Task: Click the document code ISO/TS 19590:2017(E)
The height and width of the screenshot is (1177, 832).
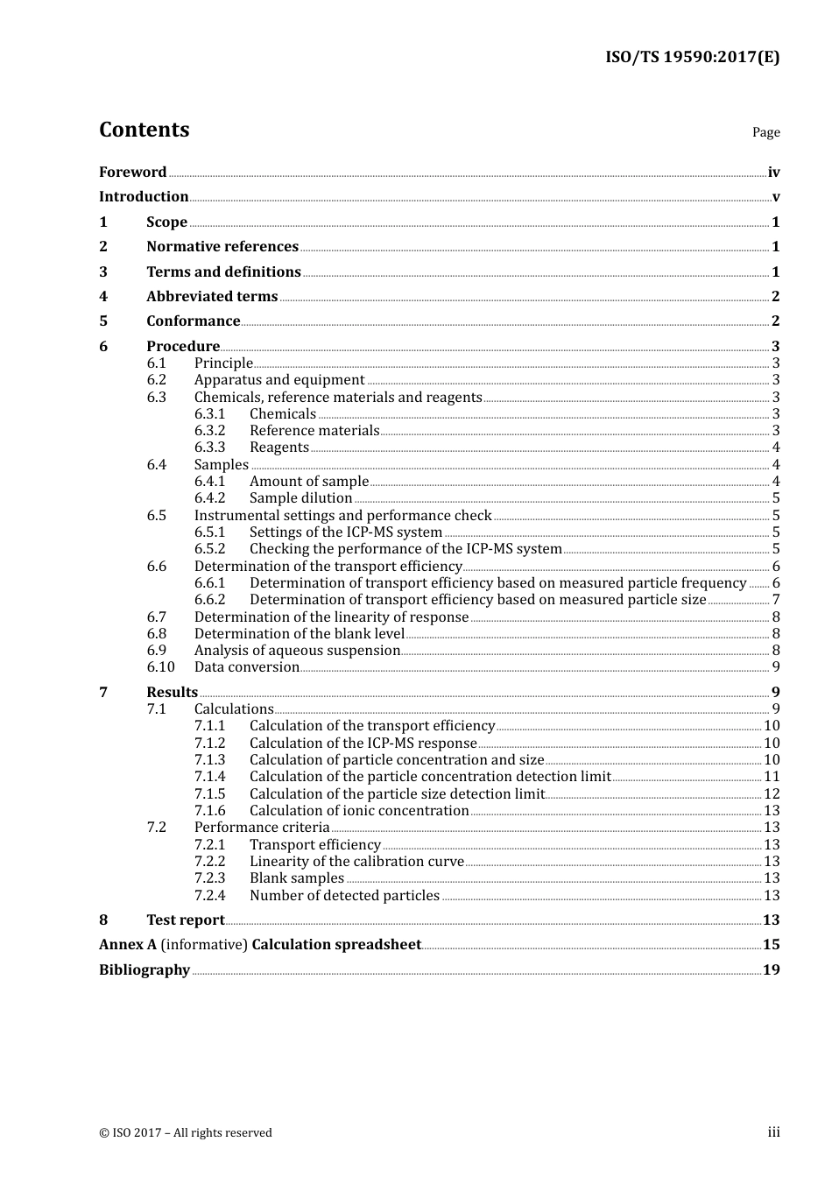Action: click(692, 57)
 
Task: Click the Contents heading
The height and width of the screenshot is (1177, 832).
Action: click(144, 130)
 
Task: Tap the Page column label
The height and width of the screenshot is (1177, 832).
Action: click(765, 132)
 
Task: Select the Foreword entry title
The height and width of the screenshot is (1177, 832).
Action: click(132, 172)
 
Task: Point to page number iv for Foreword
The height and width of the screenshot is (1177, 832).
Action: click(773, 173)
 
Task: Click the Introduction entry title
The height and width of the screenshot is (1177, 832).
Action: click(144, 196)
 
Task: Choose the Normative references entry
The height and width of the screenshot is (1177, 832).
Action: click(222, 246)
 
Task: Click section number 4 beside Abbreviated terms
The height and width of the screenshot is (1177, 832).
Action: click(103, 296)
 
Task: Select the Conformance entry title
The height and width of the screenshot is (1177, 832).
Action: click(193, 321)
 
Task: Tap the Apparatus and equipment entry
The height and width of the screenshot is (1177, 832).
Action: click(279, 379)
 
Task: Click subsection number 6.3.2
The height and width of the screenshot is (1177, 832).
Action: click(209, 430)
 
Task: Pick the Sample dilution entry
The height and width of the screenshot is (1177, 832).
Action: click(300, 497)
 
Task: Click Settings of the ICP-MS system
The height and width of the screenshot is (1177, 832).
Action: click(345, 532)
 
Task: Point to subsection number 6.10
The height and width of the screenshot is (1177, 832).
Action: click(160, 666)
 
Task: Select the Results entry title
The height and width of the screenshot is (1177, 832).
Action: click(172, 692)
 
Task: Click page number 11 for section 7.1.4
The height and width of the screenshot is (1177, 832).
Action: click(772, 776)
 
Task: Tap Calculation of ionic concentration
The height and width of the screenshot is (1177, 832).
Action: click(359, 810)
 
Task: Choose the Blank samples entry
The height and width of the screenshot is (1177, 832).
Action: click(297, 877)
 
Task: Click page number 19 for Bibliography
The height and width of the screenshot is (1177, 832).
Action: click(771, 969)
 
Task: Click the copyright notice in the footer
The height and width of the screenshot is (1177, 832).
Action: click(186, 1132)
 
